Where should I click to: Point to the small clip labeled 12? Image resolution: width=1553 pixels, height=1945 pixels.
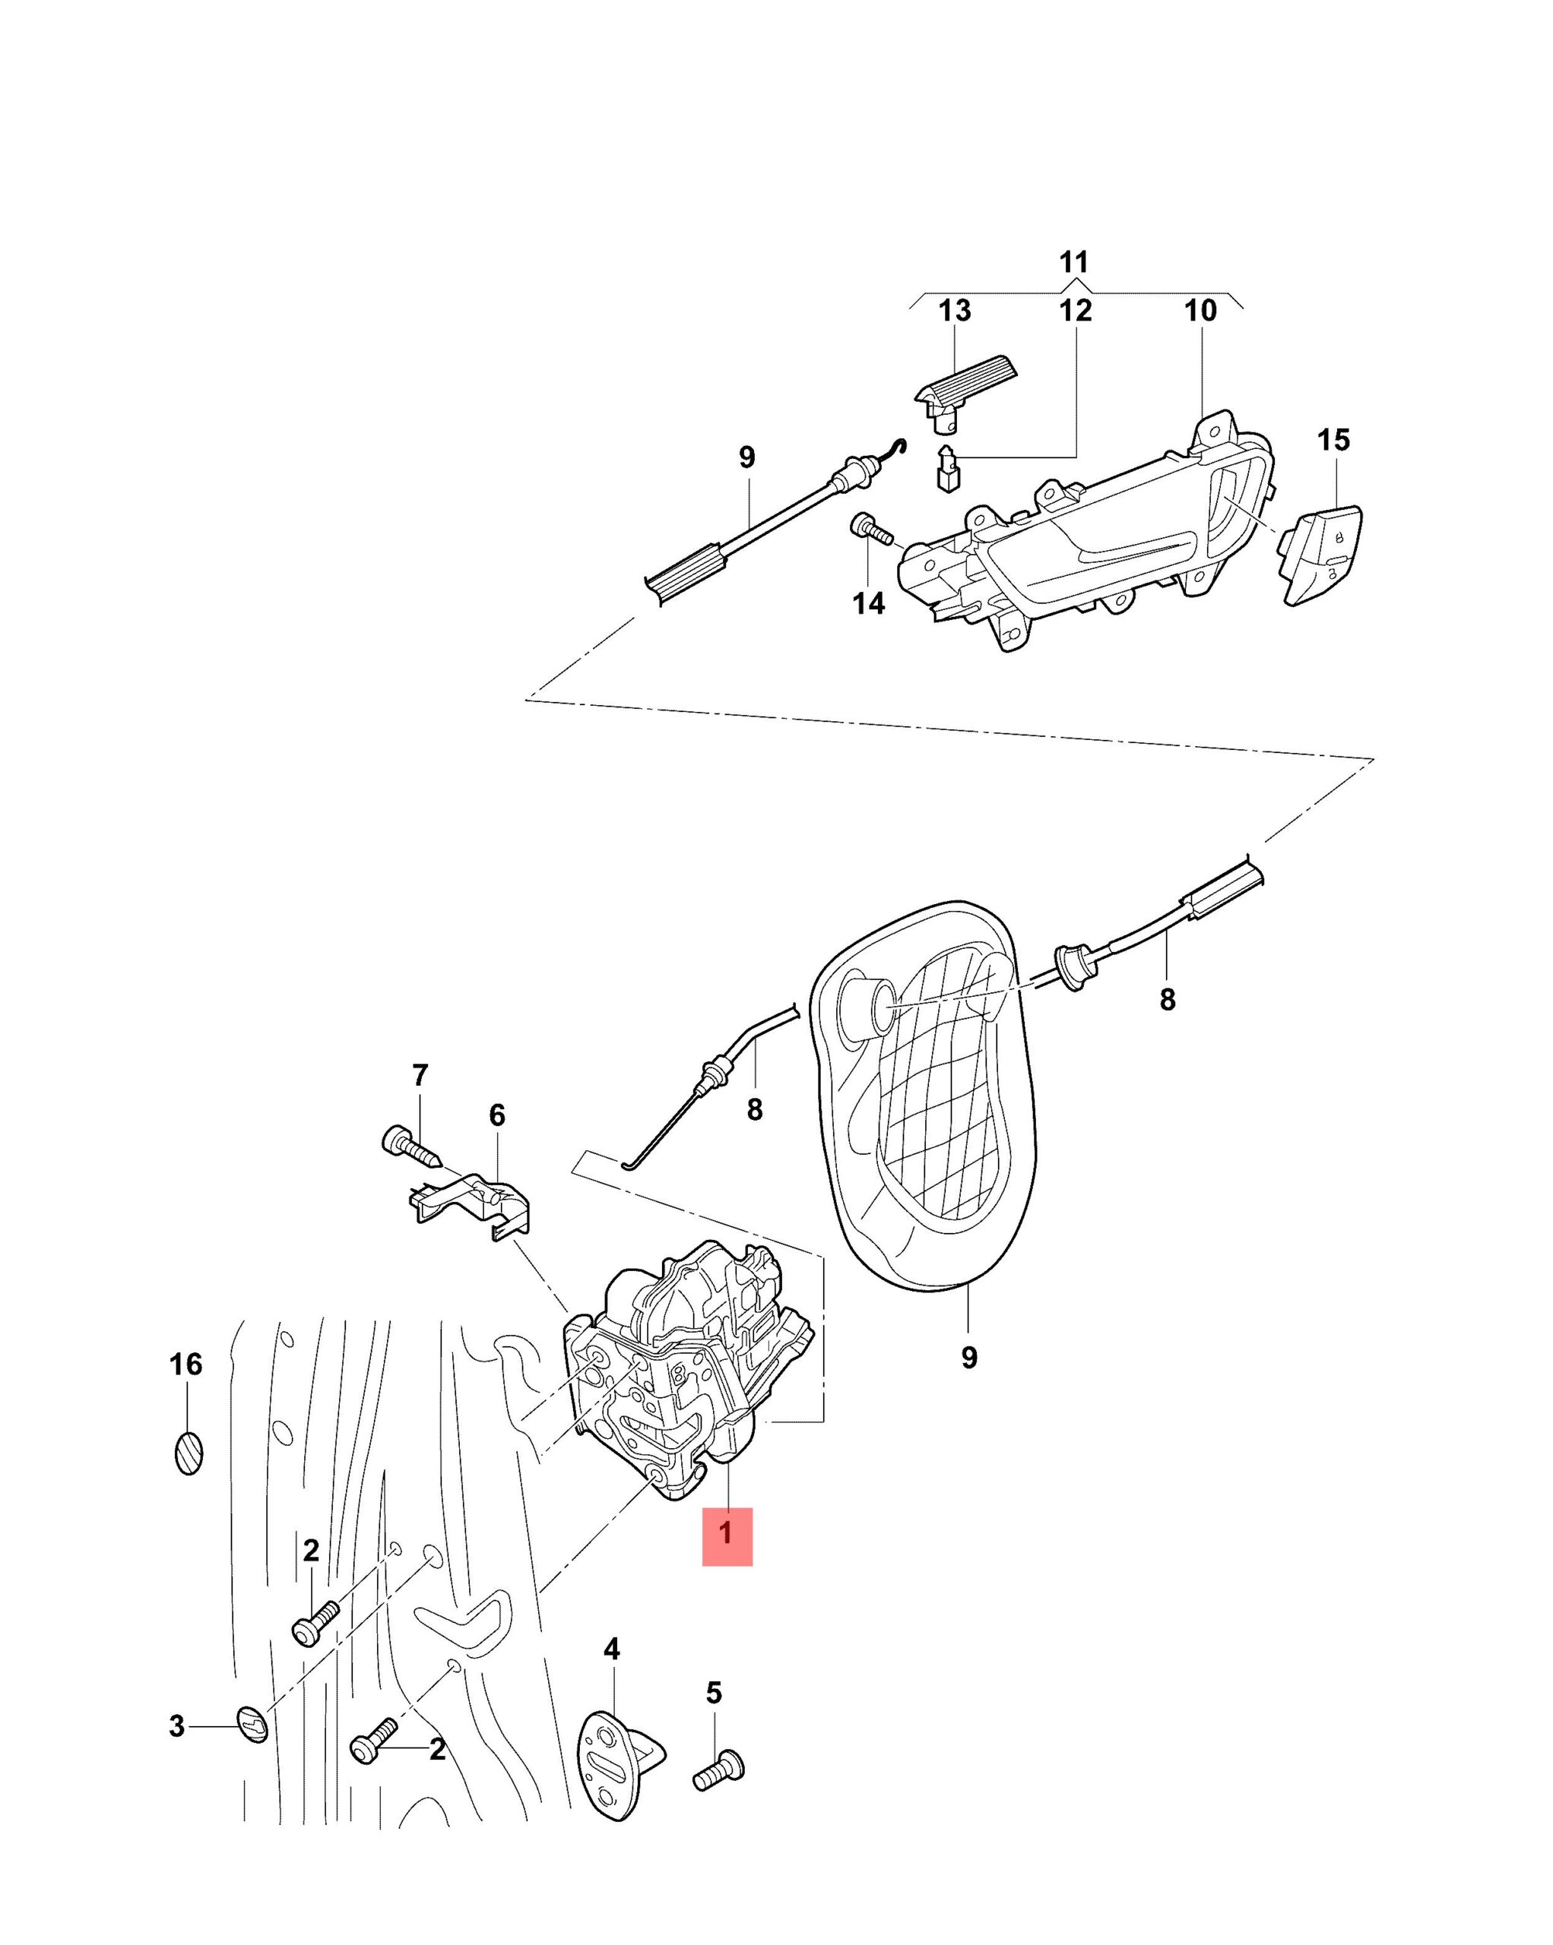[946, 468]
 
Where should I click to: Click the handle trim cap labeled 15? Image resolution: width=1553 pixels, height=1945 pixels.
[1321, 555]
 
